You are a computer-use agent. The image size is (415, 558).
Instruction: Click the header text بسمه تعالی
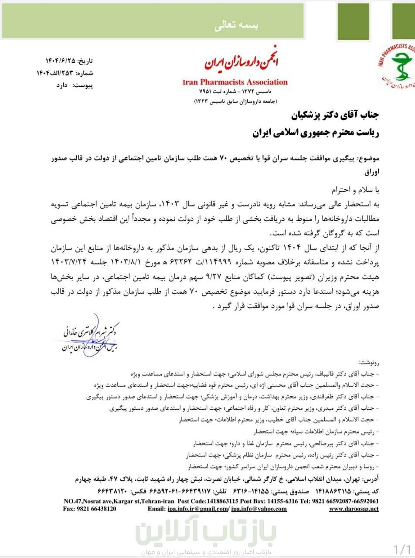236,26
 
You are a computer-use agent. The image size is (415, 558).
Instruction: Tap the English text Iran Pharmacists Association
235,82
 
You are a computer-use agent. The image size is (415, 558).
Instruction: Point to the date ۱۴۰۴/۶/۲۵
63,61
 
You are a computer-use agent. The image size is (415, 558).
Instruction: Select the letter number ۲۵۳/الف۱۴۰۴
56,73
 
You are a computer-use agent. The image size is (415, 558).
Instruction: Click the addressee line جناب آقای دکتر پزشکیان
336,115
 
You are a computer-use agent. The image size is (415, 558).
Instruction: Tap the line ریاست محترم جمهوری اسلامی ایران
316,133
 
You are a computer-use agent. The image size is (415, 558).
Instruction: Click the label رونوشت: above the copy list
368,362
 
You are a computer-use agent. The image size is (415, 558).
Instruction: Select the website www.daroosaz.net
354,509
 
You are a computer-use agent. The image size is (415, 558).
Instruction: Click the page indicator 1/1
402,548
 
